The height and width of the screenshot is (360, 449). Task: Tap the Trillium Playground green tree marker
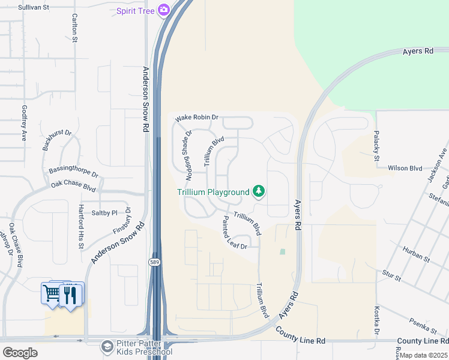click(259, 191)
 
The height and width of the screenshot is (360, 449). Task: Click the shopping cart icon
click(52, 293)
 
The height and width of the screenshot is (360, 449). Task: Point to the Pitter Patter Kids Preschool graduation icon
click(107, 347)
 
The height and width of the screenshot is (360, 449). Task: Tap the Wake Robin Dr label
click(196, 118)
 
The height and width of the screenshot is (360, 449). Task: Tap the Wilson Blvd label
click(406, 169)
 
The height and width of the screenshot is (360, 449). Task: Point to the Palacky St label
click(377, 146)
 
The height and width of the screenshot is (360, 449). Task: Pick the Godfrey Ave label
click(24, 123)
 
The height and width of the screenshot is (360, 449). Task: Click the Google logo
click(20, 352)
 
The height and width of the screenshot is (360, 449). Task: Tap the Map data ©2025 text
click(424, 356)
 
